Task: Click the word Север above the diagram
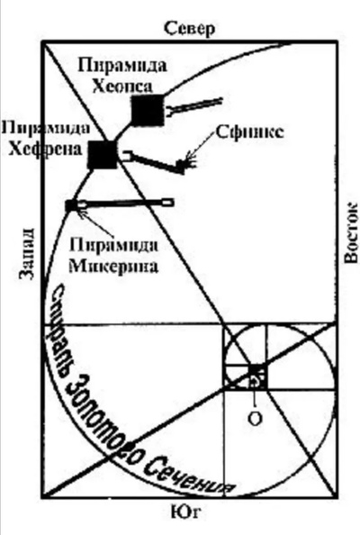[190, 29]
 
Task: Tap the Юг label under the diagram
[185, 512]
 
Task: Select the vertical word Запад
[27, 253]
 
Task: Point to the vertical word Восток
[351, 233]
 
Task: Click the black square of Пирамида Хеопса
[148, 110]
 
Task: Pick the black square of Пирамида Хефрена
[103, 154]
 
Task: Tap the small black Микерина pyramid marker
[72, 205]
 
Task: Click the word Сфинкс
[249, 132]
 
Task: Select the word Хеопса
[122, 86]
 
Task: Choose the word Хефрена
[45, 150]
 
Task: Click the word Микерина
[114, 266]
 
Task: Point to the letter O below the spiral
[255, 418]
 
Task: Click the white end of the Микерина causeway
[167, 203]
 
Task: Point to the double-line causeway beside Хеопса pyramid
[195, 105]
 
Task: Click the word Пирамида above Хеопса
[122, 66]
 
